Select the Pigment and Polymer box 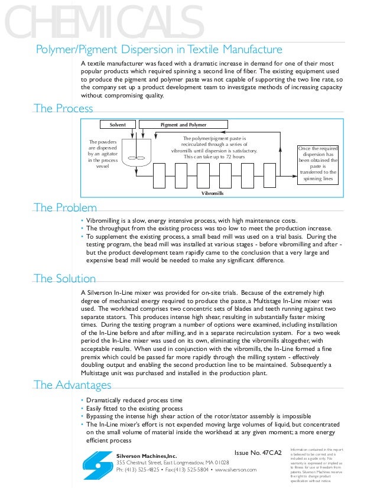click(x=184, y=125)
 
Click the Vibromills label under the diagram click(x=213, y=193)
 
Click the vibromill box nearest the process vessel click(x=161, y=175)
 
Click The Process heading click(x=63, y=108)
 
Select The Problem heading click(x=65, y=207)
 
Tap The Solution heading click(x=64, y=278)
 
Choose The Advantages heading click(x=72, y=385)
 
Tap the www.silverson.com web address click(x=235, y=469)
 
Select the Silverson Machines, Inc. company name click(x=146, y=456)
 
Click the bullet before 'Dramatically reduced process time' click(x=82, y=401)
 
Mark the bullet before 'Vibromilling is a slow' click(x=82, y=221)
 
